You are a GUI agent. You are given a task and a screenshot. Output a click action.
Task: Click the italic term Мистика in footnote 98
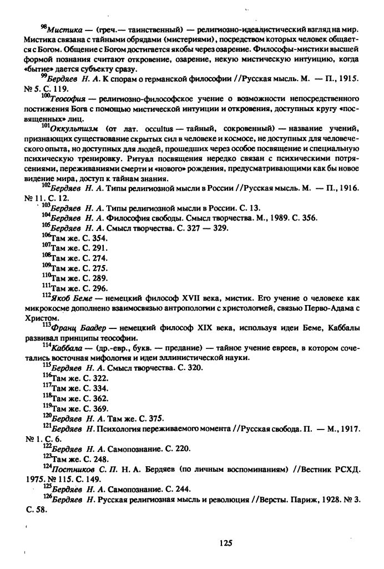pyautogui.click(x=64, y=28)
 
